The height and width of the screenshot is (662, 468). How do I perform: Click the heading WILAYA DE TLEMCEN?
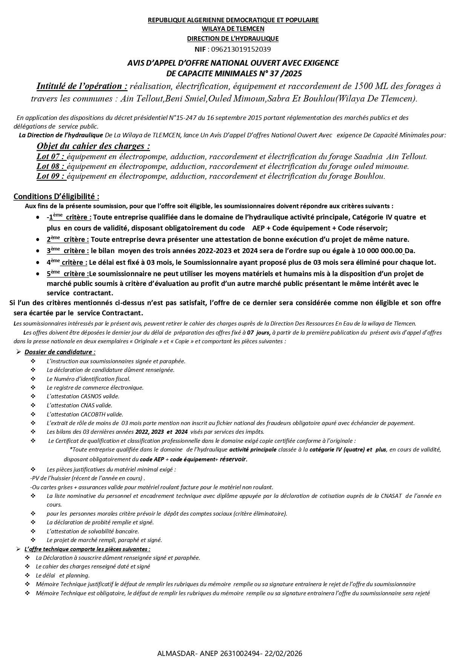click(x=233, y=29)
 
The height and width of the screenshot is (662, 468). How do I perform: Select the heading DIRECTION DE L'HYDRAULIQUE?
click(x=233, y=38)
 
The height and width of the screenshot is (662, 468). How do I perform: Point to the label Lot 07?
click(x=51, y=157)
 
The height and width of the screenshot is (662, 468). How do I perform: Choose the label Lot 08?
click(x=51, y=166)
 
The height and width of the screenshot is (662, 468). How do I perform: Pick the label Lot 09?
click(x=51, y=176)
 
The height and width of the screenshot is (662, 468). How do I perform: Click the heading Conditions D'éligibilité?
click(x=57, y=197)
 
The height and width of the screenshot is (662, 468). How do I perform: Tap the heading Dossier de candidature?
click(x=60, y=352)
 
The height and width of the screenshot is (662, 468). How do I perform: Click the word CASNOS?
click(x=91, y=396)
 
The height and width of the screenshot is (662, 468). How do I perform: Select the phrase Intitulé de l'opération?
click(x=82, y=86)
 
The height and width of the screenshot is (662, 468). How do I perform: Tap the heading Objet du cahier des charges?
click(x=93, y=146)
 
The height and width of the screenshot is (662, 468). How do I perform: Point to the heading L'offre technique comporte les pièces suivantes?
click(x=87, y=549)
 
